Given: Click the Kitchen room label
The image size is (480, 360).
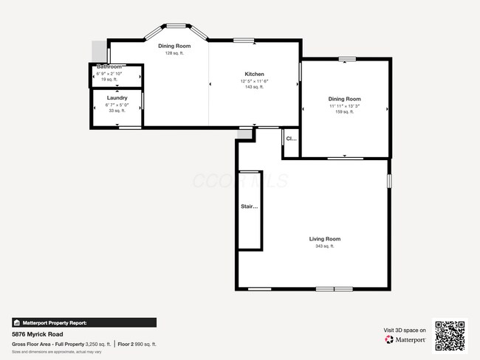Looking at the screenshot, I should (255, 74).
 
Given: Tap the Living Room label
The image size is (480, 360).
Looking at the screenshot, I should (324, 239).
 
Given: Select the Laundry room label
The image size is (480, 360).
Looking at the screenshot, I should (117, 97).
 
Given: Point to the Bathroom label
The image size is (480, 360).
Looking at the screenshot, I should (109, 67).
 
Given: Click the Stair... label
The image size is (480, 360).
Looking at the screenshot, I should (250, 207).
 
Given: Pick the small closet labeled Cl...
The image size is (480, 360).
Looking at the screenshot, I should (291, 139).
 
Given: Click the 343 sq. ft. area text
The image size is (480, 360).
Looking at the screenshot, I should (324, 246).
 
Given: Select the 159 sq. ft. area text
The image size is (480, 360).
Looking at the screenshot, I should (344, 112).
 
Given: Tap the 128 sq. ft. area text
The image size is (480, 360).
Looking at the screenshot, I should (174, 52).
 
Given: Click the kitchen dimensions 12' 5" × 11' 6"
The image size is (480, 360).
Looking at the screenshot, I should (254, 80).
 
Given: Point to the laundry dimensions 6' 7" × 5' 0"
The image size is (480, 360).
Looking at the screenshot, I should (117, 104).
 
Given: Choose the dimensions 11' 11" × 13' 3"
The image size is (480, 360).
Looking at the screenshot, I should (344, 105).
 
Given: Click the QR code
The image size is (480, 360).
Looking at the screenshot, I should (450, 335).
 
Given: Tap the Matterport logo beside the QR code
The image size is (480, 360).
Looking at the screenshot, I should (405, 340).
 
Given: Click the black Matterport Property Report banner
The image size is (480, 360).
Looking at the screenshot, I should (83, 322).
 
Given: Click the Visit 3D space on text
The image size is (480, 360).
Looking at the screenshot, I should (405, 330).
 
